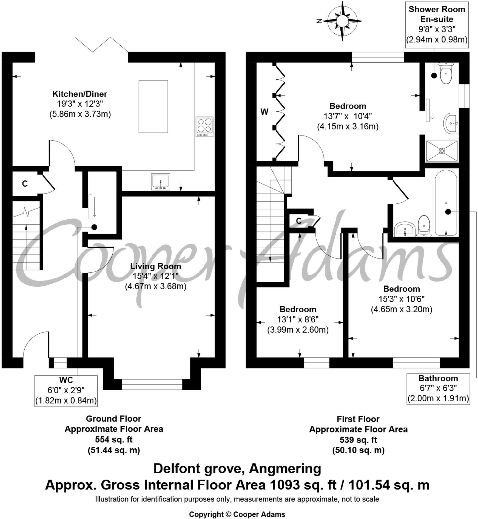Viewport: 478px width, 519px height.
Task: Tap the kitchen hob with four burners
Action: (204, 127)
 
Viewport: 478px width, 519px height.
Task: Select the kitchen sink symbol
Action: (160, 181)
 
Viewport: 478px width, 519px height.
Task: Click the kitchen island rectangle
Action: (153, 106)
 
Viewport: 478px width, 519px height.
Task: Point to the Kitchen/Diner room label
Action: (80, 94)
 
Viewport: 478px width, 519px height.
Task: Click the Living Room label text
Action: (155, 266)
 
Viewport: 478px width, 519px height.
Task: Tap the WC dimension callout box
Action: (66, 391)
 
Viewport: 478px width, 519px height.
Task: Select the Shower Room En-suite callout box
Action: (437, 24)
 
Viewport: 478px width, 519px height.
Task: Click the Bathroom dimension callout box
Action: (438, 388)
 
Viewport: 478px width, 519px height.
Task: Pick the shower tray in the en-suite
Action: (442, 151)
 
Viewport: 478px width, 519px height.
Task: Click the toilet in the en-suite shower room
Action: (446, 73)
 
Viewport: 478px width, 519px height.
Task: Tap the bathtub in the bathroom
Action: (446, 203)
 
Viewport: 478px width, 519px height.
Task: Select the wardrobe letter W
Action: (264, 112)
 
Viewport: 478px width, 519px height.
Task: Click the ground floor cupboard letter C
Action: (25, 184)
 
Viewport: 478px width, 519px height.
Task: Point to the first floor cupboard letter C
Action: (299, 221)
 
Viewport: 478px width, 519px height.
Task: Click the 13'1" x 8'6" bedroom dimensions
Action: (298, 319)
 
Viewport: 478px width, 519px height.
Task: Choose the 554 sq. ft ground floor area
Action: (114, 439)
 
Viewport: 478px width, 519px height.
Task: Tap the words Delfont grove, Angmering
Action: (237, 469)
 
